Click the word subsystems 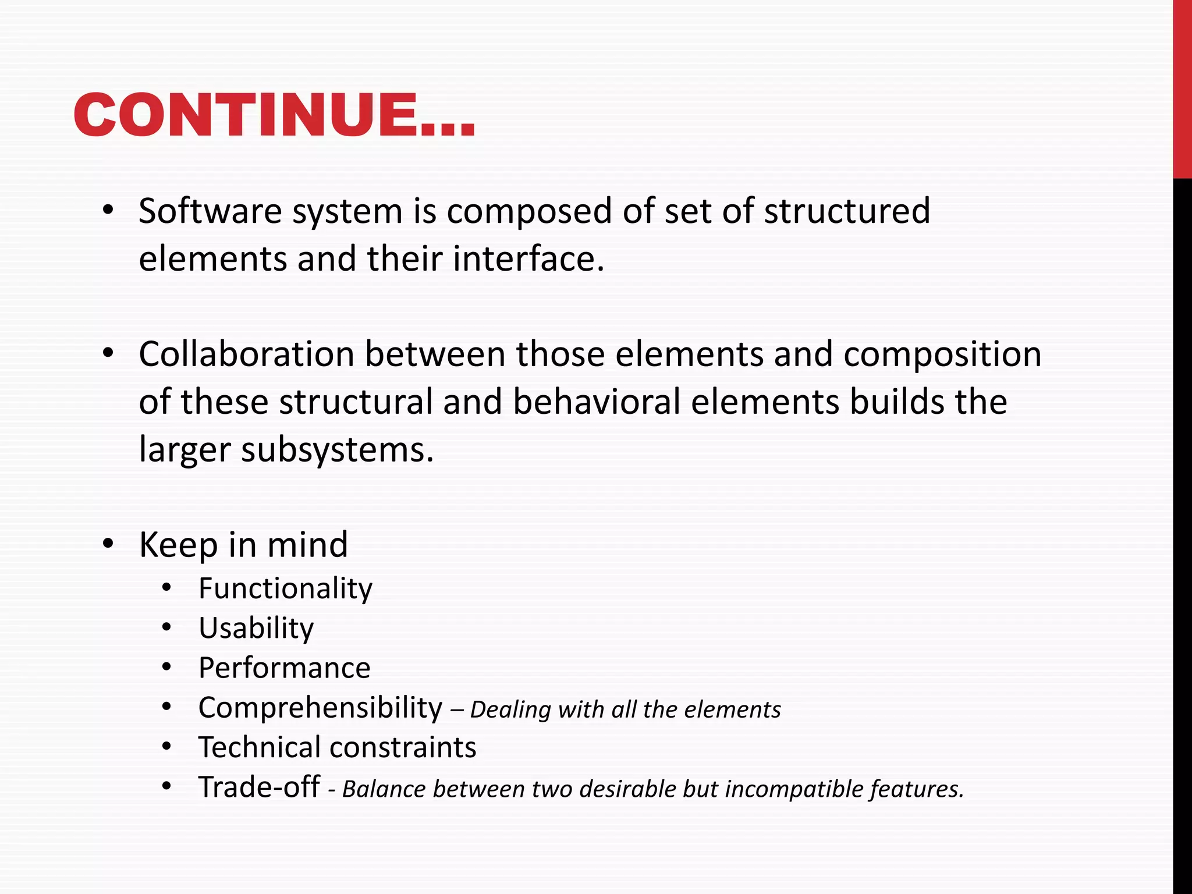coord(337,450)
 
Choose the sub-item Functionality coord(285,588)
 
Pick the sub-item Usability coord(256,628)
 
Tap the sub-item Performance coord(284,668)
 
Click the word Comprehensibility coord(320,708)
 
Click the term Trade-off coord(258,787)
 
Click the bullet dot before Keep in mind coord(108,544)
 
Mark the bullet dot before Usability coord(167,628)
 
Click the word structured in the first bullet coord(847,211)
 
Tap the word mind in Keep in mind coord(307,545)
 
